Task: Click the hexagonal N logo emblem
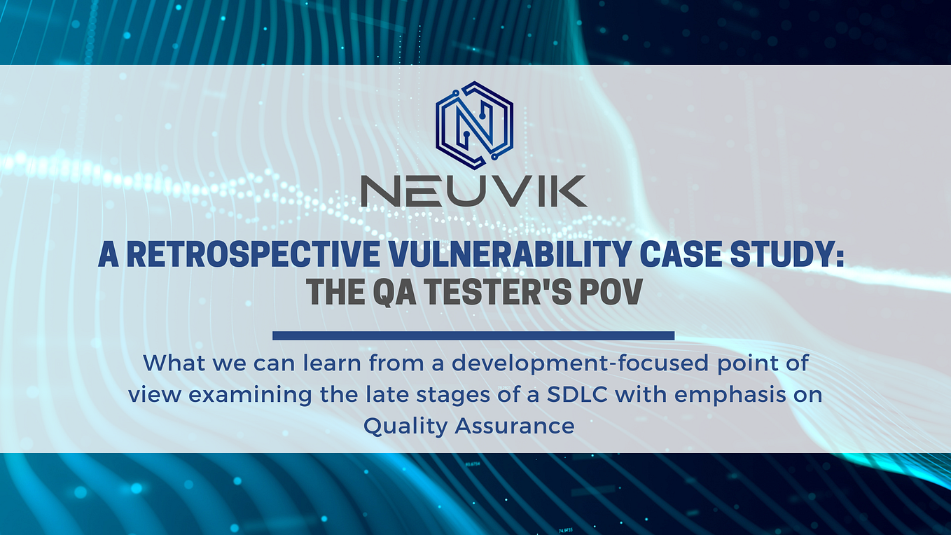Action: [x=474, y=125]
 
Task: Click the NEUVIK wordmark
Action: [x=474, y=191]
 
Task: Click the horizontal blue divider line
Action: [x=473, y=335]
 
